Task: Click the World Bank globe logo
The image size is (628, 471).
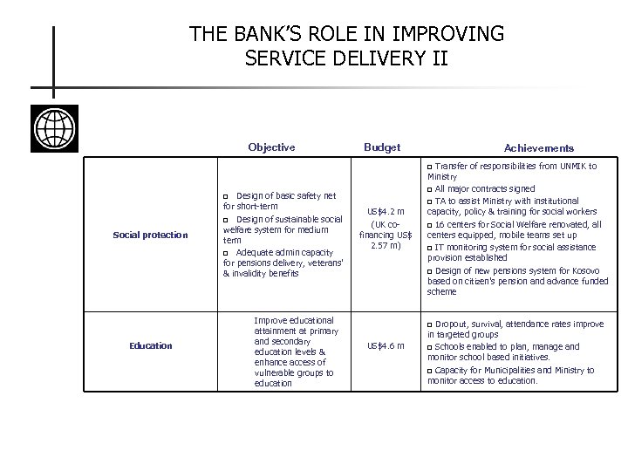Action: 54,128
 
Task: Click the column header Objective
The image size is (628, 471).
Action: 271,147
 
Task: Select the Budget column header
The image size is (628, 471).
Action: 382,147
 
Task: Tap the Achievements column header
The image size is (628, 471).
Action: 539,148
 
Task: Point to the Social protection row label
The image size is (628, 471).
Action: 150,235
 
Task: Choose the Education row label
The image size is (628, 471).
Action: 151,346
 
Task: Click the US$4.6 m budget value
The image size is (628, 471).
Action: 386,346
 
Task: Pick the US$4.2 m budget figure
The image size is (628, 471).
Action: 386,211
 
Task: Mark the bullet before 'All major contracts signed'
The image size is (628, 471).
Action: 430,189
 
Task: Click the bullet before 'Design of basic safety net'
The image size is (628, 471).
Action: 227,195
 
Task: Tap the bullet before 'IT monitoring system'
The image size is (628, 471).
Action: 430,247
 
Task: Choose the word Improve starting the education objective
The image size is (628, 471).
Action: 270,319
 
